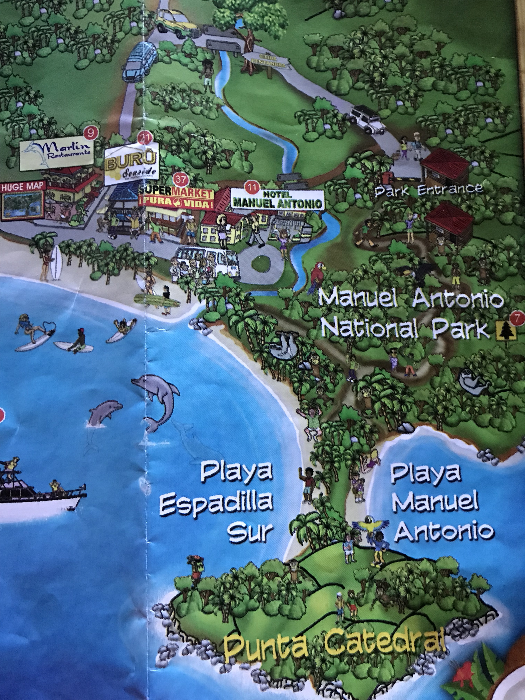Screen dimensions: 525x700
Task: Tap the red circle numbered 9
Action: pos(91,133)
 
